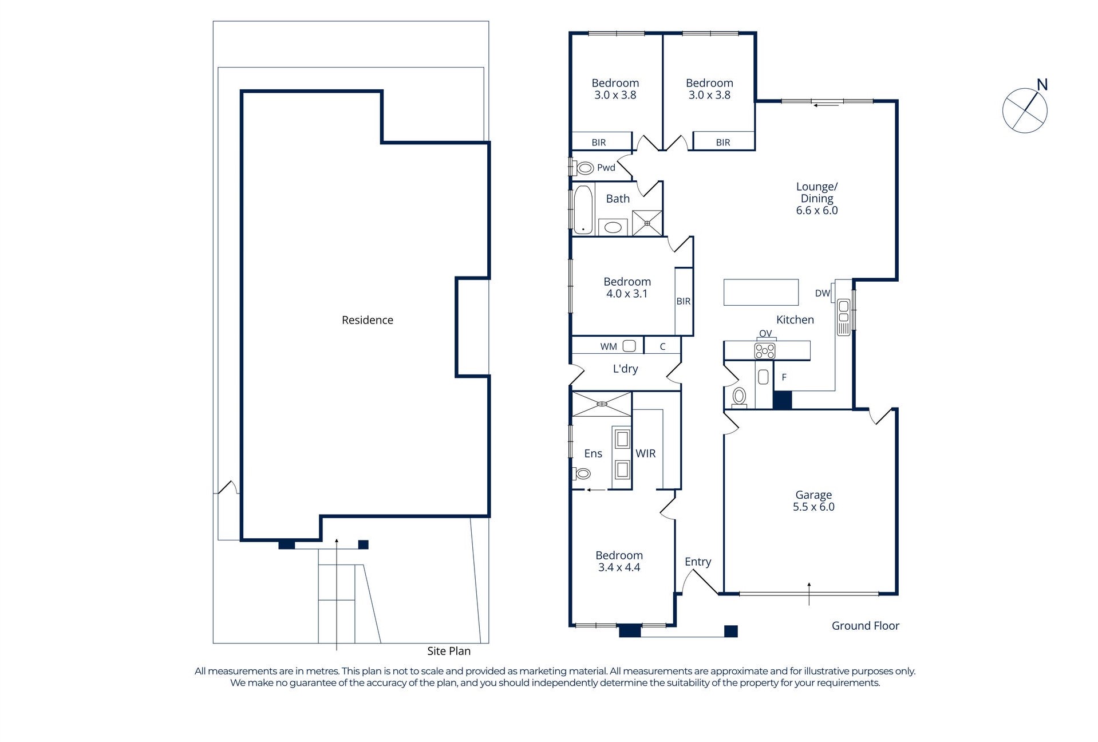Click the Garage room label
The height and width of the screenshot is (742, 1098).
pos(813,495)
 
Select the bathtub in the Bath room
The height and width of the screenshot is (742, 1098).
pos(583,210)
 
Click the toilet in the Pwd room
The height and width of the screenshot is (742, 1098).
pos(584,168)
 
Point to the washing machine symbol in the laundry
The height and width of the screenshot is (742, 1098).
pos(629,346)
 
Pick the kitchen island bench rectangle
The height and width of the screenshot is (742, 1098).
pos(761,292)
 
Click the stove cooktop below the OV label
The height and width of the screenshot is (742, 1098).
pos(765,351)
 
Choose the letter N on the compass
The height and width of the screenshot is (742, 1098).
pos(1042,85)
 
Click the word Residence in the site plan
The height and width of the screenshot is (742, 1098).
pos(368,320)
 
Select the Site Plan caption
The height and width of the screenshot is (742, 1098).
pos(449,651)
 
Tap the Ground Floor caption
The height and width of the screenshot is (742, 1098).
pos(866,626)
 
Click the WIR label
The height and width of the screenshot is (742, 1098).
pos(646,453)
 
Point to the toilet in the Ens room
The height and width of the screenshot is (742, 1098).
pos(582,473)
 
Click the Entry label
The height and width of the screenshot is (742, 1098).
pos(698,562)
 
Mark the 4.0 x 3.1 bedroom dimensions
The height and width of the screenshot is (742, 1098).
pos(627,294)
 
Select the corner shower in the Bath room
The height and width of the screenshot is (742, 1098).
pos(647,223)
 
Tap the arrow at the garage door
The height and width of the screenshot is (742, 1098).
pos(809,594)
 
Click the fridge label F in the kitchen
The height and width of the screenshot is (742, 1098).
pos(784,377)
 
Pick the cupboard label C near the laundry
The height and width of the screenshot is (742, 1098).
pos(663,346)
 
